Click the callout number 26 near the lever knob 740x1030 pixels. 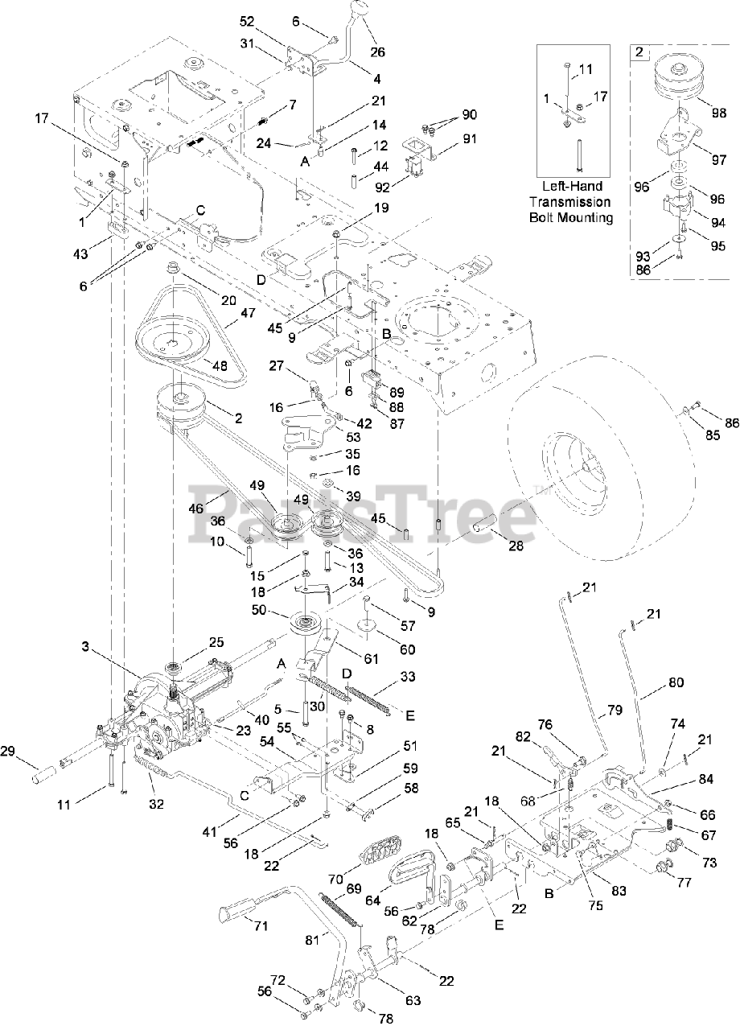coord(378,52)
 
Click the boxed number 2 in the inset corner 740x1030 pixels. coord(639,53)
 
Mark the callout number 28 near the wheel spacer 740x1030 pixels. coord(516,546)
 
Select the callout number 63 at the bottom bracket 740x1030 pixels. coord(413,1001)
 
